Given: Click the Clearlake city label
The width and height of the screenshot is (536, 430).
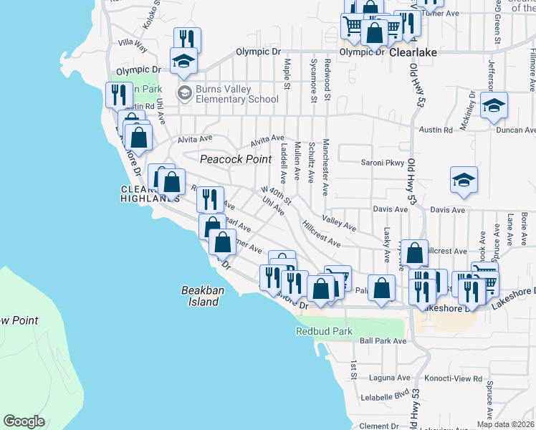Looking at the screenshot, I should click(413, 52).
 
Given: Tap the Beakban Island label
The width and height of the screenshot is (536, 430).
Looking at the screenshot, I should click(199, 296).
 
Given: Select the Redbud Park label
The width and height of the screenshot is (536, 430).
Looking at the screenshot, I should click(325, 332).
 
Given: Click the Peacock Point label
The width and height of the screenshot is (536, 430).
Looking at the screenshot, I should click(236, 159).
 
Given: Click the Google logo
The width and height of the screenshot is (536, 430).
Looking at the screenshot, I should click(24, 421).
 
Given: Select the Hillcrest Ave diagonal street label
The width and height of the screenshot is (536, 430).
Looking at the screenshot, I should click(321, 234).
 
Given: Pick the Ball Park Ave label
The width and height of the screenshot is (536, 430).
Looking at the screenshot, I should click(383, 341).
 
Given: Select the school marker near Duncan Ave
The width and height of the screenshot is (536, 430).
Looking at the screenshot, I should click(494, 106).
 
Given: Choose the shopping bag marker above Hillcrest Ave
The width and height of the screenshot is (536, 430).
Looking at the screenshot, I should click(415, 253).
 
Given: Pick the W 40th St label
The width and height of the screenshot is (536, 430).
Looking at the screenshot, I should click(275, 195).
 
